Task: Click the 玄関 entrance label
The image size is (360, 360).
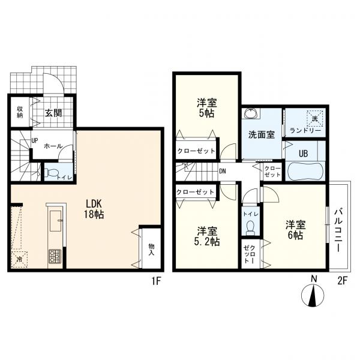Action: [x=53, y=113]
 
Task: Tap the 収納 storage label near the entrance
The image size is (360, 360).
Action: [x=20, y=112]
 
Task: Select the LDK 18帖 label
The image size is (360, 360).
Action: [x=94, y=209]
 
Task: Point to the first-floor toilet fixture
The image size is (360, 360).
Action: [x=52, y=172]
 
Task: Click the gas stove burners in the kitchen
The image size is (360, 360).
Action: [x=55, y=256]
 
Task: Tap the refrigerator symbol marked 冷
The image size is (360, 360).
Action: [x=20, y=259]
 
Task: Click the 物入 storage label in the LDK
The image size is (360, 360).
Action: [x=151, y=250]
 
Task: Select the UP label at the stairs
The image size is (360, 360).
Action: [x=35, y=140]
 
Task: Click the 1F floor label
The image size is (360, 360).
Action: [x=156, y=281]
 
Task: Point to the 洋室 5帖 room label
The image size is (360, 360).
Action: [x=206, y=108]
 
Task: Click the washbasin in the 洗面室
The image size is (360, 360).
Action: [x=251, y=113]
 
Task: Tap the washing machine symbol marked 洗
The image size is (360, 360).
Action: [x=315, y=118]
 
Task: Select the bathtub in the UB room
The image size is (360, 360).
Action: [x=306, y=171]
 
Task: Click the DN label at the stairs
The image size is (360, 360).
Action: [x=223, y=171]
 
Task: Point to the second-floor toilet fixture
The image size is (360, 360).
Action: [x=250, y=228]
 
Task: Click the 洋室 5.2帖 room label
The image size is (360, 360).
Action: [x=206, y=236]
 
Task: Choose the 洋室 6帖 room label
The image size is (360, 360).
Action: [x=295, y=230]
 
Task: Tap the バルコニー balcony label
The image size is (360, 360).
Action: [x=338, y=230]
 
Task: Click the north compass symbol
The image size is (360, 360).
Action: [x=313, y=295]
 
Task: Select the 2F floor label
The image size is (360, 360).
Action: [x=342, y=281]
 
